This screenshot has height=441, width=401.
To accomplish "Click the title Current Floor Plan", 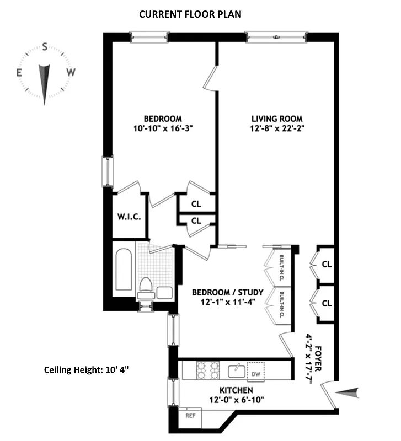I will [190, 14].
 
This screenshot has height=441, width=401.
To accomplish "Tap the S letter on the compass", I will [45, 47].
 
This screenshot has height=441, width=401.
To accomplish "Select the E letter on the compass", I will [19, 72].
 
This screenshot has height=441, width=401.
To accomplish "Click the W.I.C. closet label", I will [129, 217].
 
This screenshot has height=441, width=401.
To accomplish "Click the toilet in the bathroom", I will [146, 287].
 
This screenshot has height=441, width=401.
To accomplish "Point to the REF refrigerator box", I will [190, 416].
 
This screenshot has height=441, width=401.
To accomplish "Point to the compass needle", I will [45, 83].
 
